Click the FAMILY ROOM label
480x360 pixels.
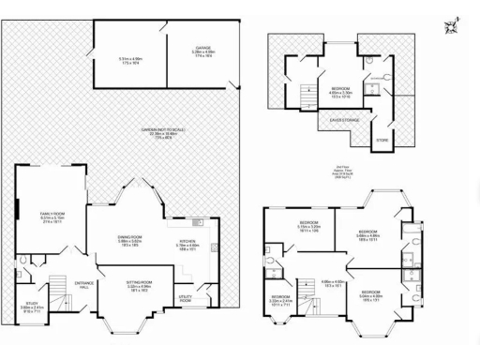52,215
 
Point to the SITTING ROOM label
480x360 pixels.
139,283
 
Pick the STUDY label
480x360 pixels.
32,303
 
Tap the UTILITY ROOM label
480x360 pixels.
185,298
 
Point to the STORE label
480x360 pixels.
382,140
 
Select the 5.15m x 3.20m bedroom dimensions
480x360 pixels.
309,228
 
